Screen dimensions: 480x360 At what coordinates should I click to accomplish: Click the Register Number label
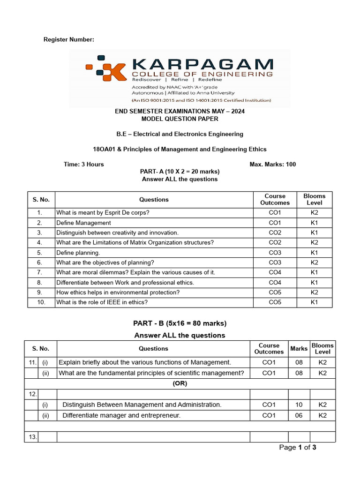click(x=69, y=40)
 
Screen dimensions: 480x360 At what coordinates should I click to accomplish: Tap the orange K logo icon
click(x=106, y=70)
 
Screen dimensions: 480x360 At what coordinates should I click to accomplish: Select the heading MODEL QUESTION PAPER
click(x=180, y=119)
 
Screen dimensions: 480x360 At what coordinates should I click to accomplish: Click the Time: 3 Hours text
click(x=84, y=164)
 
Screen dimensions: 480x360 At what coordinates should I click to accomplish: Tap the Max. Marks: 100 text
click(x=273, y=164)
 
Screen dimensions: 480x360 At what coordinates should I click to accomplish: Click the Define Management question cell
click(x=84, y=223)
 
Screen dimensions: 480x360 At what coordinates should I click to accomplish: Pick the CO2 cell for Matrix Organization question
click(x=275, y=242)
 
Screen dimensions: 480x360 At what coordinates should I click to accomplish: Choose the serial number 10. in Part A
click(x=41, y=302)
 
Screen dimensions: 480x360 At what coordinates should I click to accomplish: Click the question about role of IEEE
click(x=102, y=302)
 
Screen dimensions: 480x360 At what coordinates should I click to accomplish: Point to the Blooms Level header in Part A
click(x=314, y=199)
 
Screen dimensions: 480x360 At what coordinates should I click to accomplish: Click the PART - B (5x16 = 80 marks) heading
click(x=180, y=323)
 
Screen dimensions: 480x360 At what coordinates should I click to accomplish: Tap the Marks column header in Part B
click(x=299, y=348)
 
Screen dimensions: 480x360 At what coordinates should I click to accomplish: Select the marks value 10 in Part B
click(x=299, y=405)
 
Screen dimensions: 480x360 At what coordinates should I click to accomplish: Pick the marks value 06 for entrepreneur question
click(x=299, y=415)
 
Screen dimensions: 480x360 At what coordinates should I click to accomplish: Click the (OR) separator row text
click(x=180, y=383)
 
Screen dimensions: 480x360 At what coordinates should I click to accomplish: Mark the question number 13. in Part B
click(x=33, y=437)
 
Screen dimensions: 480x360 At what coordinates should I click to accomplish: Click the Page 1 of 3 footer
click(x=298, y=447)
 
